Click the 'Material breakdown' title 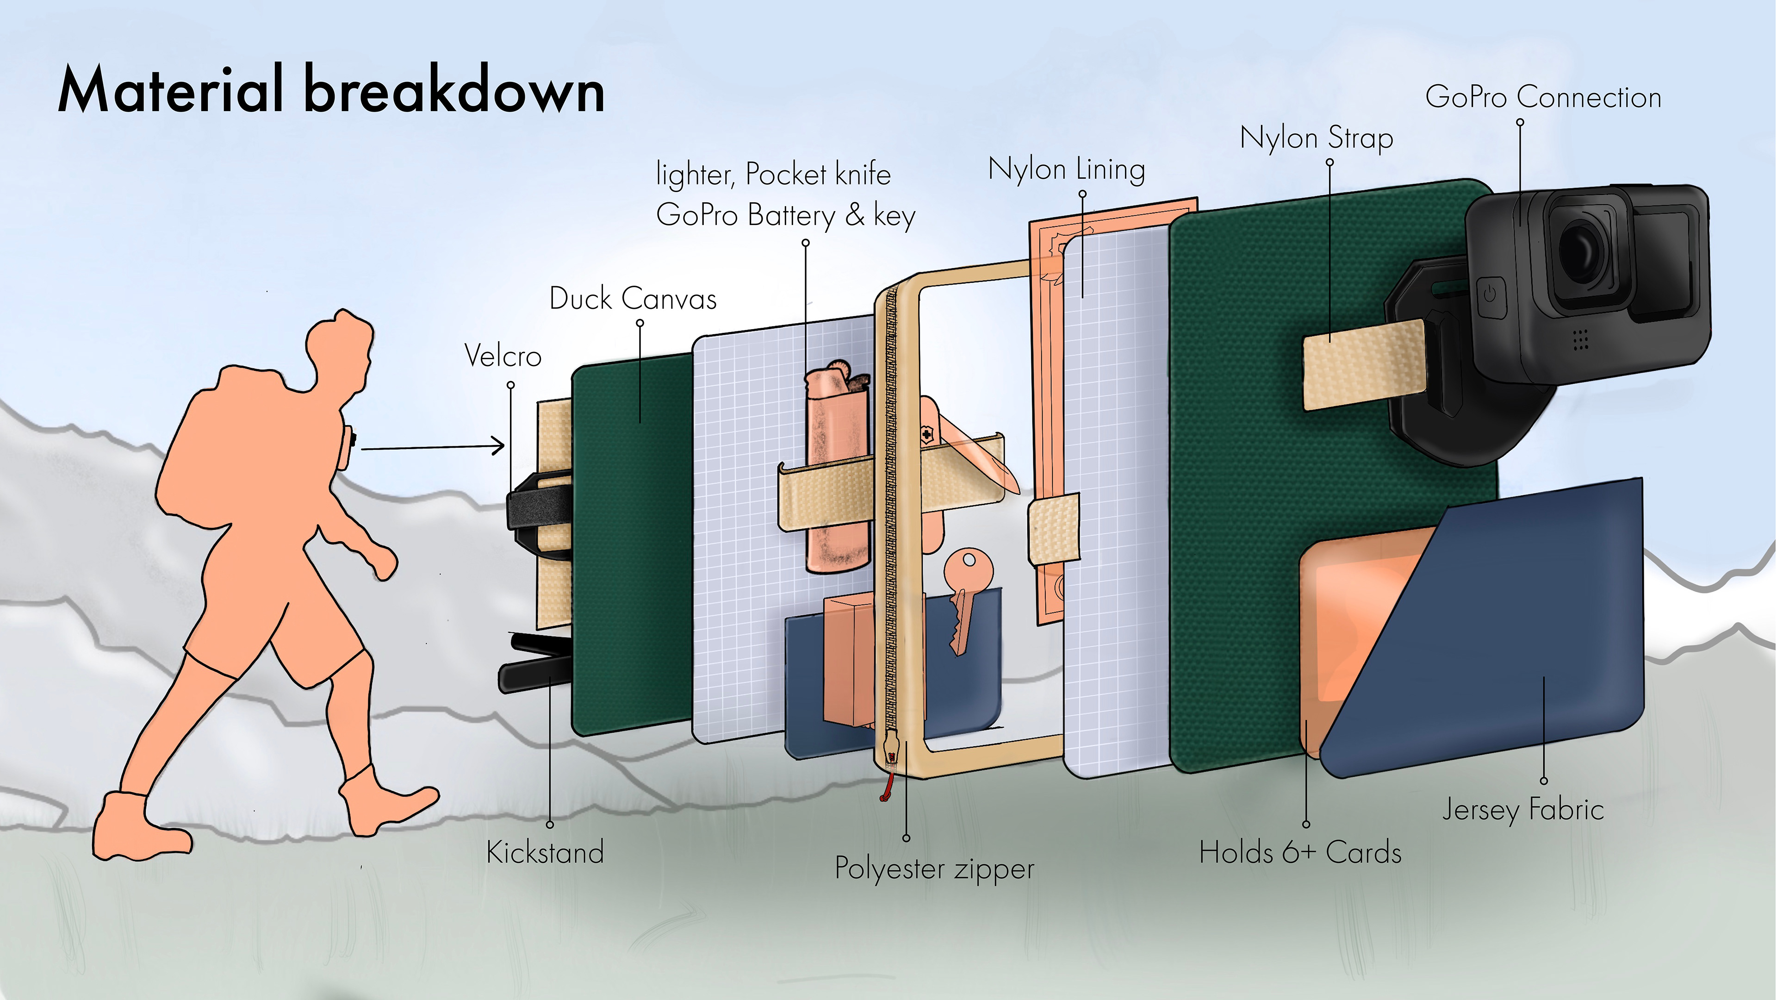point(331,90)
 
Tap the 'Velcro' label point(503,356)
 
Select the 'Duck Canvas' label point(633,299)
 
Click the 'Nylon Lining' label point(1067,169)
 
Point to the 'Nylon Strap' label point(1316,138)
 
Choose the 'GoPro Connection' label point(1543,97)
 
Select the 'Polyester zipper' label point(934,868)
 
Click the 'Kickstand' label point(545,852)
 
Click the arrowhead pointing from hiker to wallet point(498,446)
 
